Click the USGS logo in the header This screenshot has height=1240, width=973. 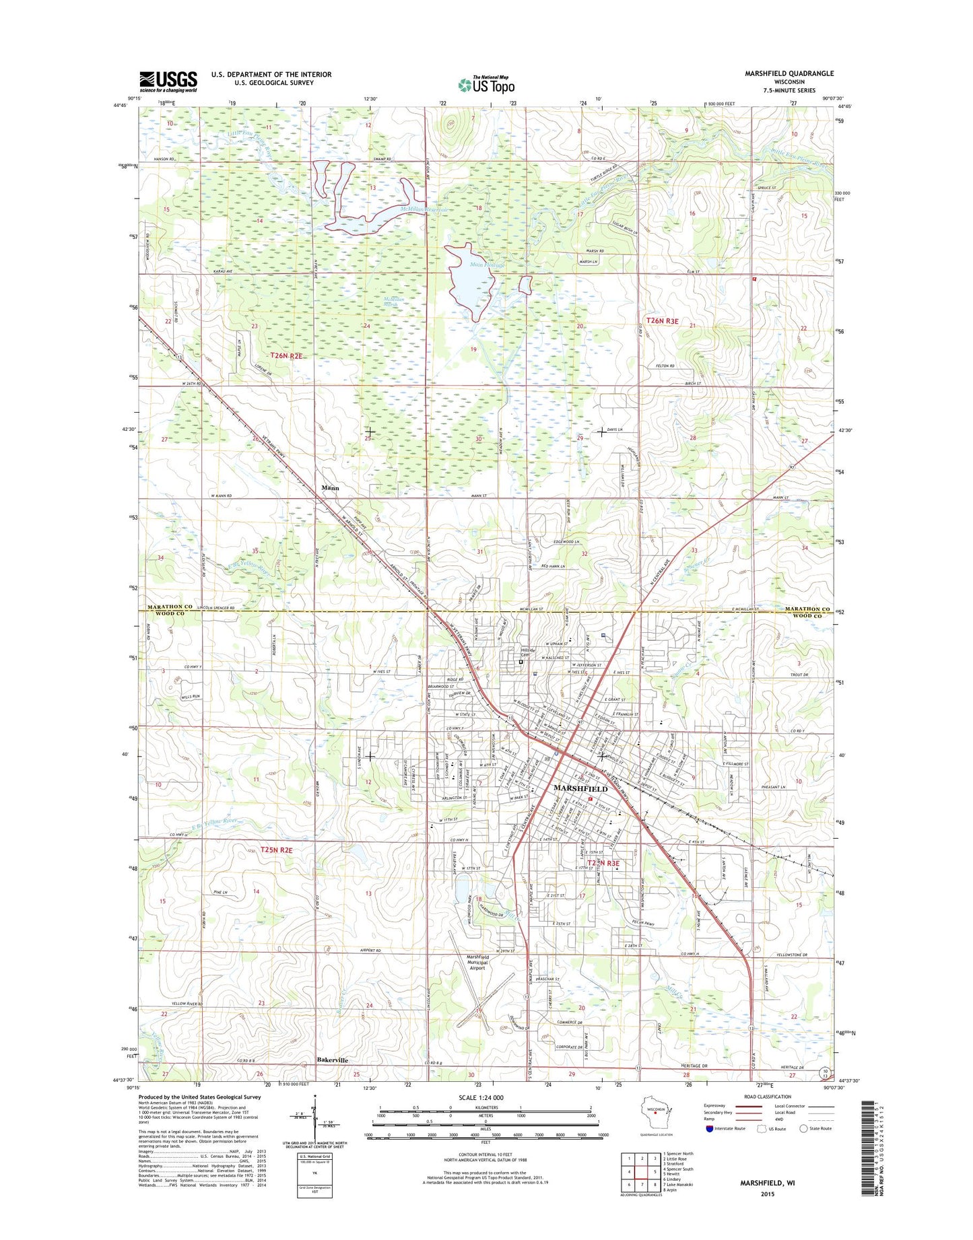click(168, 81)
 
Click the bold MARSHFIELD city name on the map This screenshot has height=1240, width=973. click(580, 788)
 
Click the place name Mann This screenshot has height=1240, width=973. click(329, 487)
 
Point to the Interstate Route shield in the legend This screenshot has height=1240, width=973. click(710, 1146)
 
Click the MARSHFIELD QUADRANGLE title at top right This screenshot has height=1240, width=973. click(789, 73)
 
